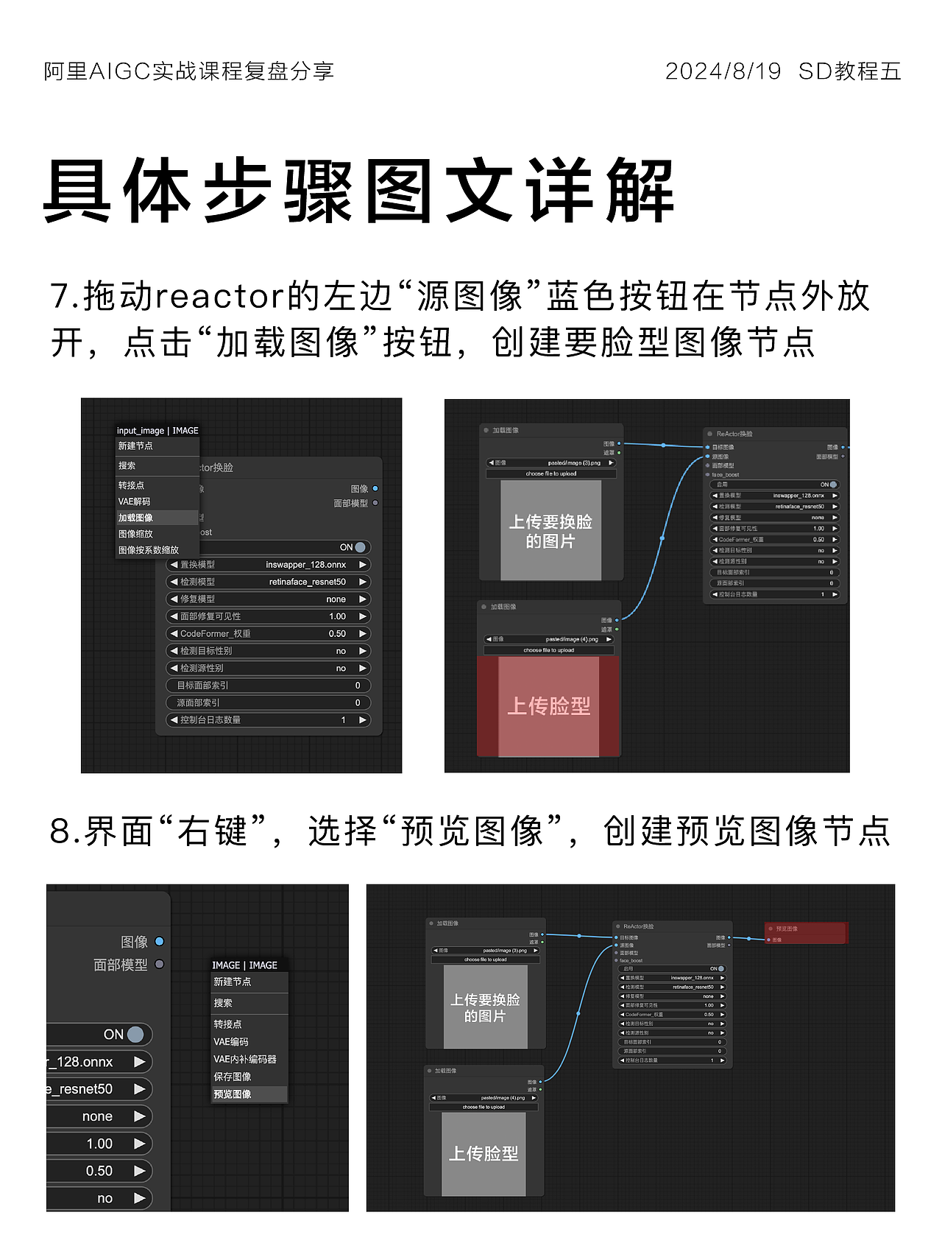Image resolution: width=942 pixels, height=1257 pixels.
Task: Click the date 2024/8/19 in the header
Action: click(722, 71)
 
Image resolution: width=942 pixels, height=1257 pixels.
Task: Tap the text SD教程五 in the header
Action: click(849, 71)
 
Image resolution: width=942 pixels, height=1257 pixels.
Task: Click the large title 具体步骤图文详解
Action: click(358, 191)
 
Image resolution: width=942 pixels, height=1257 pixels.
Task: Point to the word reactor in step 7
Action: click(219, 296)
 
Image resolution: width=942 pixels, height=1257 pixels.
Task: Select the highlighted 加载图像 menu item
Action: click(136, 518)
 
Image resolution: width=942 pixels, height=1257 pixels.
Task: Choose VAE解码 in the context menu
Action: click(134, 501)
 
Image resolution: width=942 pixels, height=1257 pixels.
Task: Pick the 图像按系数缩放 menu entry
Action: click(148, 550)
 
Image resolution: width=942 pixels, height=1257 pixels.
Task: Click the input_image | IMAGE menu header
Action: click(157, 431)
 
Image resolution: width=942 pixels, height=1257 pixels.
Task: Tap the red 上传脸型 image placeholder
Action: click(548, 706)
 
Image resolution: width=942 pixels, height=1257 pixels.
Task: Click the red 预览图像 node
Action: click(806, 932)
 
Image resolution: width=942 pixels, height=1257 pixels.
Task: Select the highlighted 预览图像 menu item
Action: click(233, 1094)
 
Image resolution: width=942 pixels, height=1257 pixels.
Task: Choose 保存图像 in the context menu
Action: click(233, 1077)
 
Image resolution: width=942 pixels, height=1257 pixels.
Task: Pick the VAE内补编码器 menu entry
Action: click(245, 1059)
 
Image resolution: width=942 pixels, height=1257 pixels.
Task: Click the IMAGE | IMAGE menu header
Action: click(244, 965)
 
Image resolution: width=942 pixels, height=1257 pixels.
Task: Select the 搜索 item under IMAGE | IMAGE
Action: click(223, 1003)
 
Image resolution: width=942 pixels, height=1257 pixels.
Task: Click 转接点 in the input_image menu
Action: click(131, 485)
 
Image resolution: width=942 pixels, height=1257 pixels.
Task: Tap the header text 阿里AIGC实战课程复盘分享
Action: click(189, 71)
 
